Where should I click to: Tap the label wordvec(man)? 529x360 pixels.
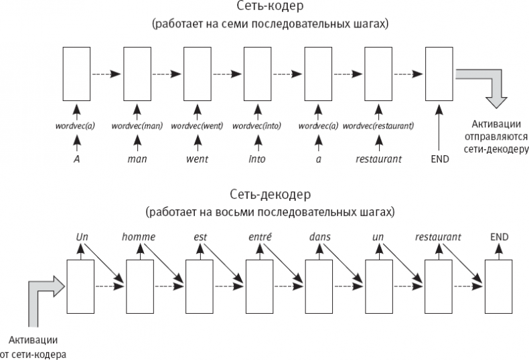coord(137,125)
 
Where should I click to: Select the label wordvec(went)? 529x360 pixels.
coord(196,125)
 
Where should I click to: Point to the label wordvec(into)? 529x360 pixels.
coord(256,125)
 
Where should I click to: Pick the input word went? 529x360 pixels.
coord(196,159)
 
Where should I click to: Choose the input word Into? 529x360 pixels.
coord(256,159)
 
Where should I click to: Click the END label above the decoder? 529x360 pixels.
coord(499,237)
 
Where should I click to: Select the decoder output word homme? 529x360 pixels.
coord(139,237)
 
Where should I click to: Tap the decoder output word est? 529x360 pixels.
coord(199,237)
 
